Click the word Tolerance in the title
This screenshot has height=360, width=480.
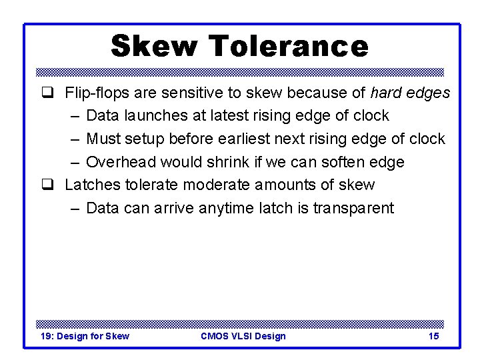288,47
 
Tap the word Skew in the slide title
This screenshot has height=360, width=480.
155,47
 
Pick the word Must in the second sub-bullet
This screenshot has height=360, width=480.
103,139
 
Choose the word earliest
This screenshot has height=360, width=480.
254,139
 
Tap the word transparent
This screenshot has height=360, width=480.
353,208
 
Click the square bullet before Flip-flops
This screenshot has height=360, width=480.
49,93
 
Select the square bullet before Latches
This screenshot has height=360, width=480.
49,185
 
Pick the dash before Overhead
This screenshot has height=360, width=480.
74,162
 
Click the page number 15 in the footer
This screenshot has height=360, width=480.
433,336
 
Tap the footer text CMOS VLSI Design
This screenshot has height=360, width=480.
243,336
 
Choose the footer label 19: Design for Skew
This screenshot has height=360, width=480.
85,336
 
